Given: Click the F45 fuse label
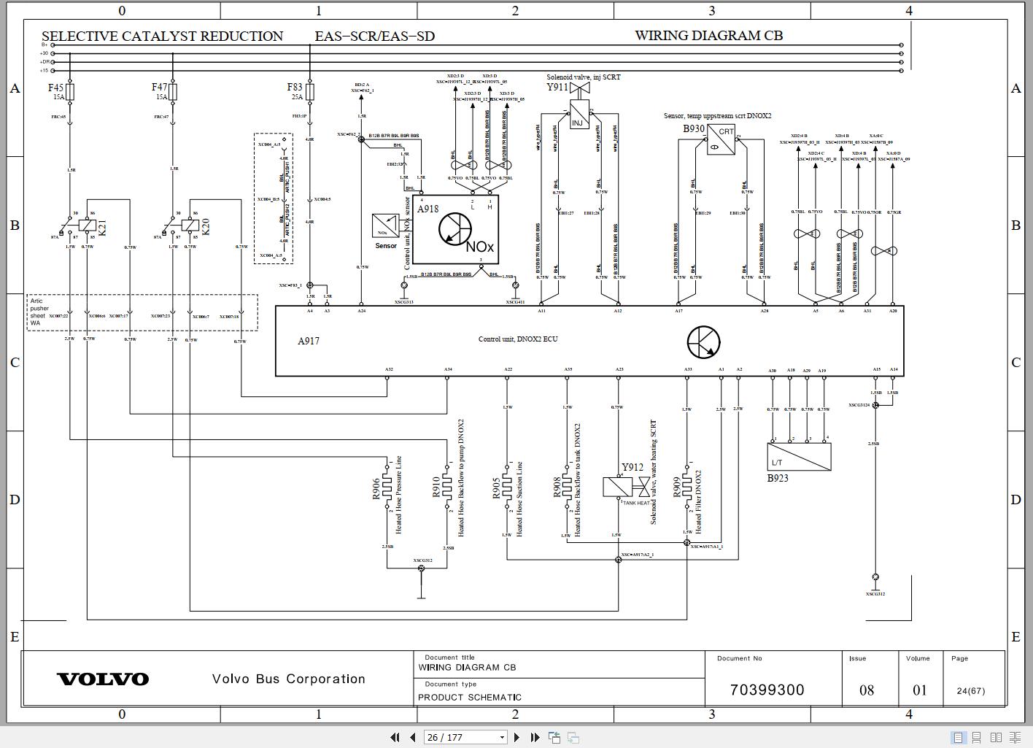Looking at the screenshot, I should coord(55,88).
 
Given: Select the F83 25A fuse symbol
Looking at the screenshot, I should coord(310,92).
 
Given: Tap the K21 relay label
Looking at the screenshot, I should coord(102,228).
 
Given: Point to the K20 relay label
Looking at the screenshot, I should coord(205,227).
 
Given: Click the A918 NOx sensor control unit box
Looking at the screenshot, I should coord(454,229).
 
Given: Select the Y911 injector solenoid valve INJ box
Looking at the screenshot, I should coord(578,119).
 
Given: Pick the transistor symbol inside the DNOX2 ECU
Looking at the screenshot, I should coord(703,342).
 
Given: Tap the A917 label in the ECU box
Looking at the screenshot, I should coord(309,341).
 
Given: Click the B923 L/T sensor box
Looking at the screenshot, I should coord(800,457).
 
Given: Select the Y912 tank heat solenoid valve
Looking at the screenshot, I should coord(619,487).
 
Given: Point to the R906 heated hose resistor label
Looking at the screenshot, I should coord(376,489).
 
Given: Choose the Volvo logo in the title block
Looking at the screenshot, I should coord(103,679).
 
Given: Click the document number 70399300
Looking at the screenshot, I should coord(767,690).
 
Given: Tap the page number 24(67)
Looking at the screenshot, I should coord(970,690).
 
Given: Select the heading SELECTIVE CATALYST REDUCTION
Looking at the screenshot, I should coord(162,36).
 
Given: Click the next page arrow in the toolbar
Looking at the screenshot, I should coord(516,737).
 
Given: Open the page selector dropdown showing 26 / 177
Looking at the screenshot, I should coord(465,737).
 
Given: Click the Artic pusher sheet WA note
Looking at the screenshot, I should coord(38,312).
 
